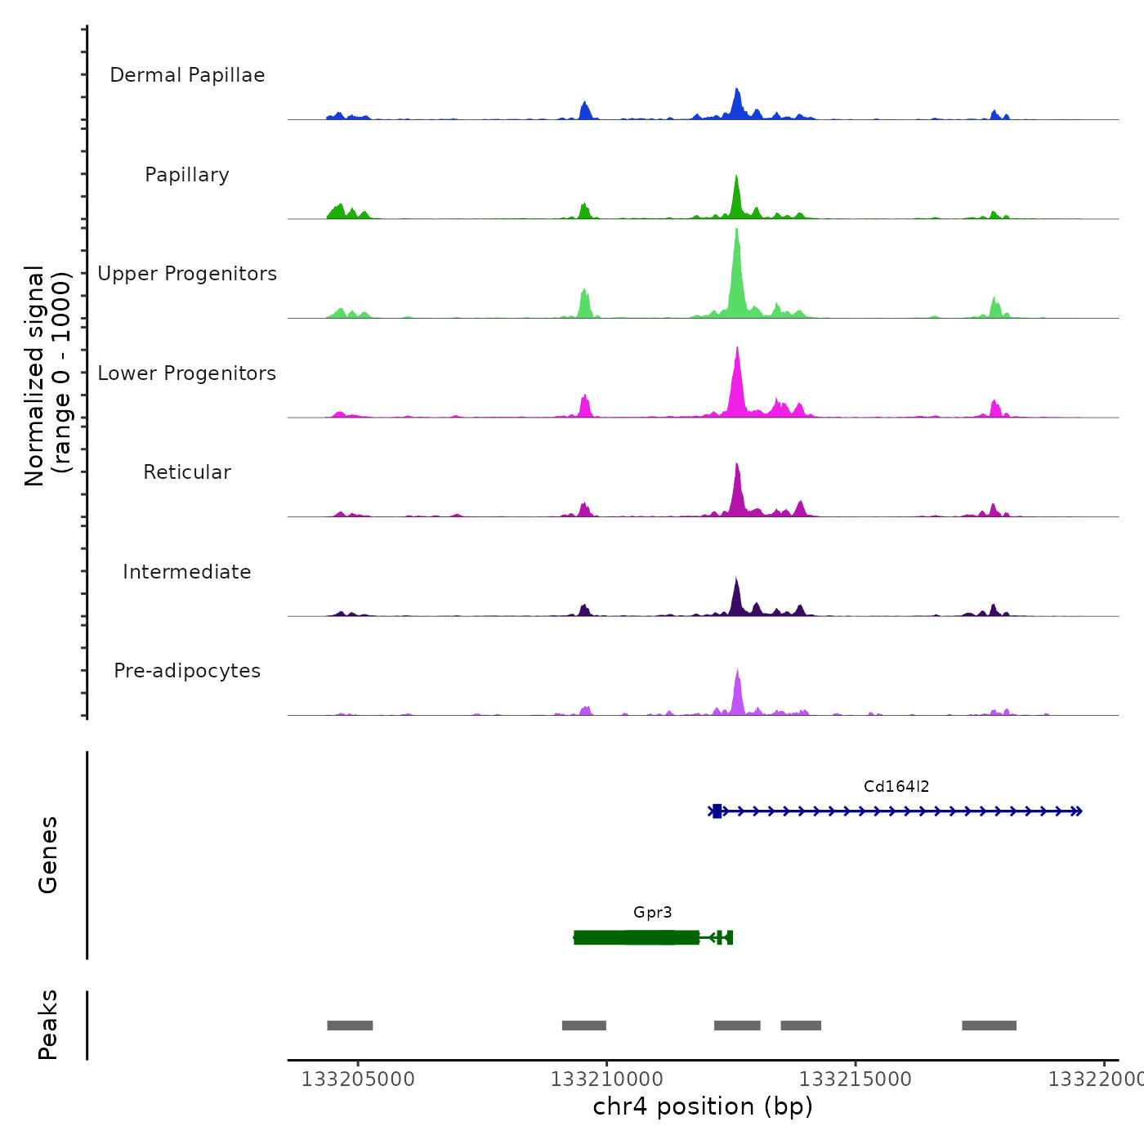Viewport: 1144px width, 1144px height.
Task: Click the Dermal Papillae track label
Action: coord(187,75)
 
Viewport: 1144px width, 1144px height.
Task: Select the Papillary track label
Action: coord(187,175)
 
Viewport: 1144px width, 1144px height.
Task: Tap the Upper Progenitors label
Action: coord(187,274)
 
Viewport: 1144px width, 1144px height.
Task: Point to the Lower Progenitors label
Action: coord(187,373)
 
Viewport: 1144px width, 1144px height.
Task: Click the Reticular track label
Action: coord(187,472)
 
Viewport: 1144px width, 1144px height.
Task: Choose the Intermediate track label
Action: coord(187,572)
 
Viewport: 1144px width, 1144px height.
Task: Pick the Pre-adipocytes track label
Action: coord(187,671)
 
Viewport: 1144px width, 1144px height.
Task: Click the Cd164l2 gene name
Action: coord(896,787)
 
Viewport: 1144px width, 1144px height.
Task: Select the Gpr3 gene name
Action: coord(652,913)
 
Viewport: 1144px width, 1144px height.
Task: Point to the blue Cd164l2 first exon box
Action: coord(717,811)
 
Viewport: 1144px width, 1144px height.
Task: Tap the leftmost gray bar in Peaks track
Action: coord(350,1026)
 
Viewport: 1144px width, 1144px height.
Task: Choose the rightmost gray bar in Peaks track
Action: coord(989,1026)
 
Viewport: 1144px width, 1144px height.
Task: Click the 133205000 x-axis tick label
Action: coord(358,1079)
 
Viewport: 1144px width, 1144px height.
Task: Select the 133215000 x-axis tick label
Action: coord(856,1079)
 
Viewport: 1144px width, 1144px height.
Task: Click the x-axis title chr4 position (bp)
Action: coord(703,1106)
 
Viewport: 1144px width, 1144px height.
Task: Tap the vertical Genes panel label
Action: coord(48,855)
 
